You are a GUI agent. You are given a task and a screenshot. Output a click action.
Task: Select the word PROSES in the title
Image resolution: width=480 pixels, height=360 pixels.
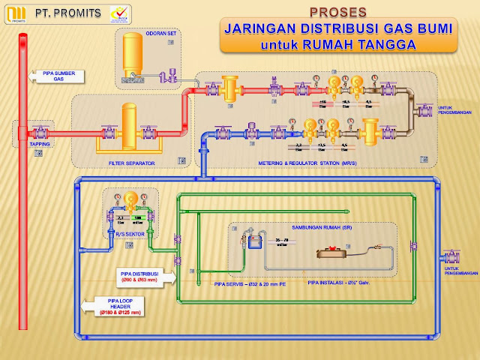pyautogui.click(x=338, y=12)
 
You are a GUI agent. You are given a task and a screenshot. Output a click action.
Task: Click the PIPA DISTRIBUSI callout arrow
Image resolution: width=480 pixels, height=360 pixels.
pyautogui.click(x=138, y=277)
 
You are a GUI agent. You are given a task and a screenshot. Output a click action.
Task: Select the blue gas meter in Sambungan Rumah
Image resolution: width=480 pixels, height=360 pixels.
pyautogui.click(x=252, y=241)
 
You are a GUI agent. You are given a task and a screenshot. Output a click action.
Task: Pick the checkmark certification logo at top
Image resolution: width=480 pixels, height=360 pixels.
pyautogui.click(x=118, y=13)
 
